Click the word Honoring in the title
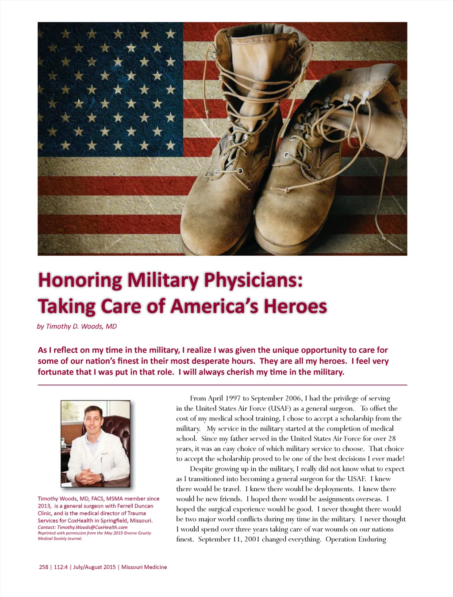pyautogui.click(x=80, y=281)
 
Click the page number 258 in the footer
pyautogui.click(x=44, y=567)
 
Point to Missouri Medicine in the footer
pyautogui.click(x=144, y=567)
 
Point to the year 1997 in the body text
pyautogui.click(x=233, y=398)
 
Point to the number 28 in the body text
pyautogui.click(x=392, y=439)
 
